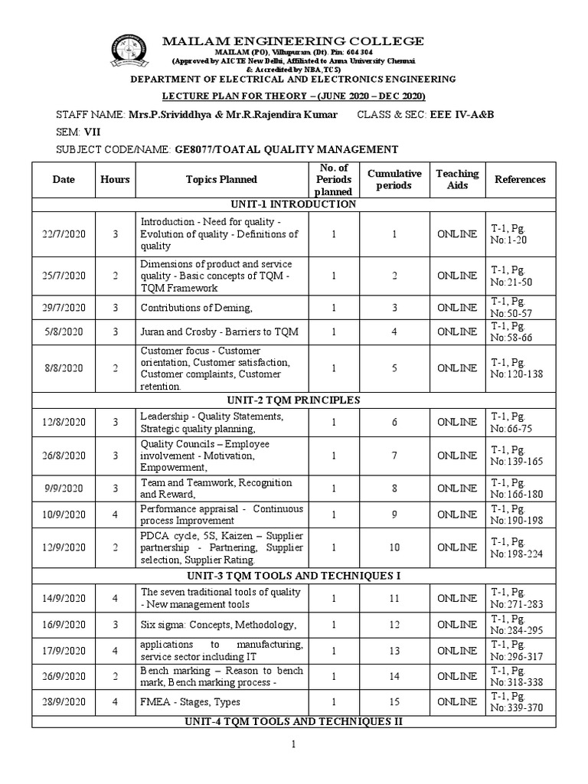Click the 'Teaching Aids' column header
[457, 179]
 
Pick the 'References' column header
[520, 179]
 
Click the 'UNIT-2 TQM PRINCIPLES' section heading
[294, 400]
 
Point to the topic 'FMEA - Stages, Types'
[190, 702]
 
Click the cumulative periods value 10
[394, 547]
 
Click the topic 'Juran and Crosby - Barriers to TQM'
[219, 332]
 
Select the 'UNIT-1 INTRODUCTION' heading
[294, 204]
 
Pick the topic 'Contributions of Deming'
[196, 307]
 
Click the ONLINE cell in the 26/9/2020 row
[457, 676]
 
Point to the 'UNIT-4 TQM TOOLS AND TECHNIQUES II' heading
[294, 721]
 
